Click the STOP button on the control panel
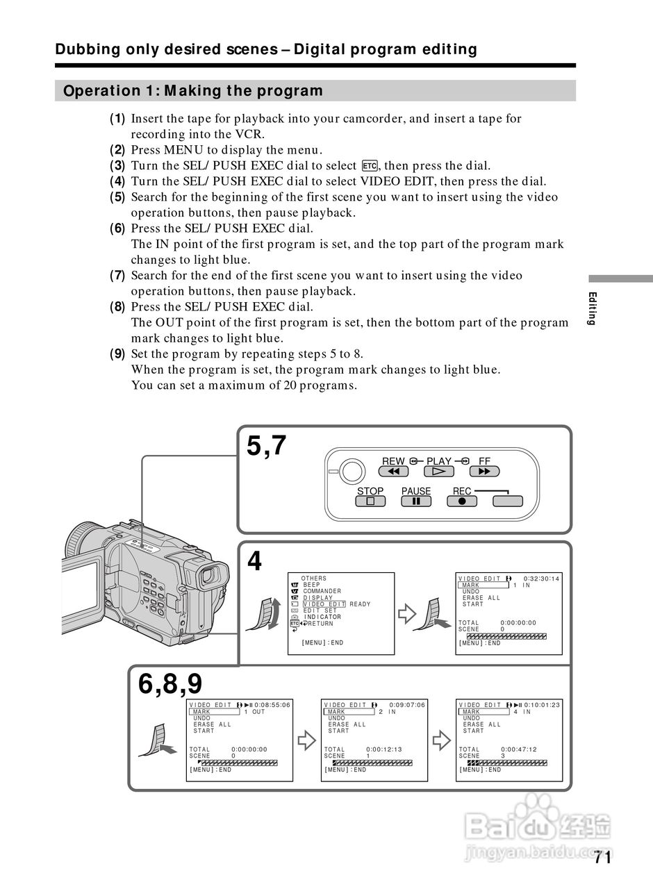click(370, 501)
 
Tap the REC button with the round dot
click(462, 501)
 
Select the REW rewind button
click(393, 472)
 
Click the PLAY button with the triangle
click(439, 472)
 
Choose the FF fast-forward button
click(484, 472)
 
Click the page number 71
click(602, 858)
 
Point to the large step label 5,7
click(267, 446)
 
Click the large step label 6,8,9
click(170, 684)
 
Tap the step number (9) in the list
click(117, 354)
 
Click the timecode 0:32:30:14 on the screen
click(541, 579)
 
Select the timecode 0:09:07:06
click(407, 705)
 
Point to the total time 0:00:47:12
click(518, 749)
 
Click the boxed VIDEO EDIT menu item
click(324, 604)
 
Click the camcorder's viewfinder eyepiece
click(208, 576)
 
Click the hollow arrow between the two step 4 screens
click(406, 614)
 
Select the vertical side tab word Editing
click(592, 308)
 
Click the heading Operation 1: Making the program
click(193, 91)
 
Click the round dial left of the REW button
click(353, 472)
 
